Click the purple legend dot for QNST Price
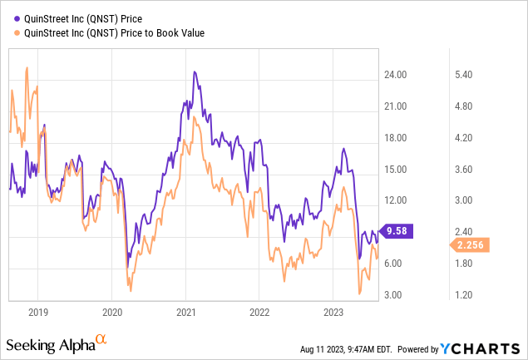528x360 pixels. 17,19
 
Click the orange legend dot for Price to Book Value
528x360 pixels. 17,33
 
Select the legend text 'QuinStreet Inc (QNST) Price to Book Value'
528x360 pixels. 114,33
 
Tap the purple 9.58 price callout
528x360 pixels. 396,231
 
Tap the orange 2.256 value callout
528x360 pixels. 470,244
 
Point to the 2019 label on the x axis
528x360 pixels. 38,313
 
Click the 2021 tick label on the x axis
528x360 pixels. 186,313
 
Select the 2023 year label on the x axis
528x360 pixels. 333,313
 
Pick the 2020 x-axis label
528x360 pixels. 112,313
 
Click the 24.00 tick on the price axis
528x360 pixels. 395,75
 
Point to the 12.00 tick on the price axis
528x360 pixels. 395,200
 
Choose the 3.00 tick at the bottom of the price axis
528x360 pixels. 393,295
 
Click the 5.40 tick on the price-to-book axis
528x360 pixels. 464,75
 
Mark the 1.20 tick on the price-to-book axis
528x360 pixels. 464,295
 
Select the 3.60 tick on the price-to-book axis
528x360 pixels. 464,170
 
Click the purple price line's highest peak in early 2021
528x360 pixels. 195,72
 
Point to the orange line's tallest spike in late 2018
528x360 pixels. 27,67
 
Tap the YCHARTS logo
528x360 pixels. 480,349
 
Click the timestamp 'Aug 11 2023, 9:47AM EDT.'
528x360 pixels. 346,349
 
